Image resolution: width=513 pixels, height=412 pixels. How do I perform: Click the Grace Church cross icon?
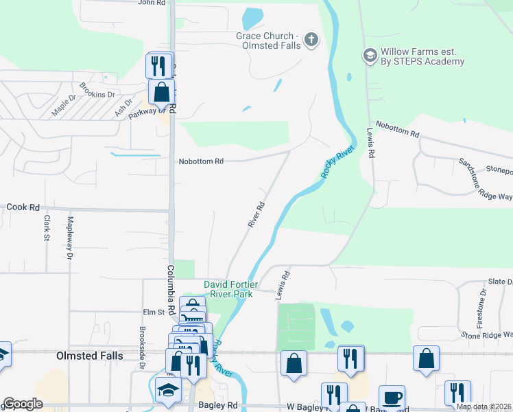pyautogui.click(x=311, y=39)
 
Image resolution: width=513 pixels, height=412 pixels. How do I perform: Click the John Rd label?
pyautogui.click(x=152, y=3)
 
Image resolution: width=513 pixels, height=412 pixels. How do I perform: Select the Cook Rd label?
pyautogui.click(x=23, y=207)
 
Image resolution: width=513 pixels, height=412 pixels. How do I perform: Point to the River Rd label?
pyautogui.click(x=256, y=215)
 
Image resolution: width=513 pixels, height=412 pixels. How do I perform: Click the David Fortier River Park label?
pyautogui.click(x=229, y=289)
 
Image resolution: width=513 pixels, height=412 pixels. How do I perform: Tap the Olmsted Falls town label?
pyautogui.click(x=89, y=356)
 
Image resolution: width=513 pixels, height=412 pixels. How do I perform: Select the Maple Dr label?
pyautogui.click(x=67, y=106)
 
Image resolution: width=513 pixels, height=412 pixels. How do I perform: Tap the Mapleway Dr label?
pyautogui.click(x=69, y=239)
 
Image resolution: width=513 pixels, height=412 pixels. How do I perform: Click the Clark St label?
pyautogui.click(x=47, y=229)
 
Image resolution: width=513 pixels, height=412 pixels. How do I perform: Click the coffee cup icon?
pyautogui.click(x=392, y=398)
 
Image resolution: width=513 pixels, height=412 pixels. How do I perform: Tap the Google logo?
pyautogui.click(x=22, y=404)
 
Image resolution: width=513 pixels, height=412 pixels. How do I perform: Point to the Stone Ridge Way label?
pyautogui.click(x=487, y=335)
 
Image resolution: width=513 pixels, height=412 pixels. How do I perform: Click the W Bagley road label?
pyautogui.click(x=303, y=407)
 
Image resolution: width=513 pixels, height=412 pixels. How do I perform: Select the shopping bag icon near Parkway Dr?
pyautogui.click(x=160, y=91)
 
